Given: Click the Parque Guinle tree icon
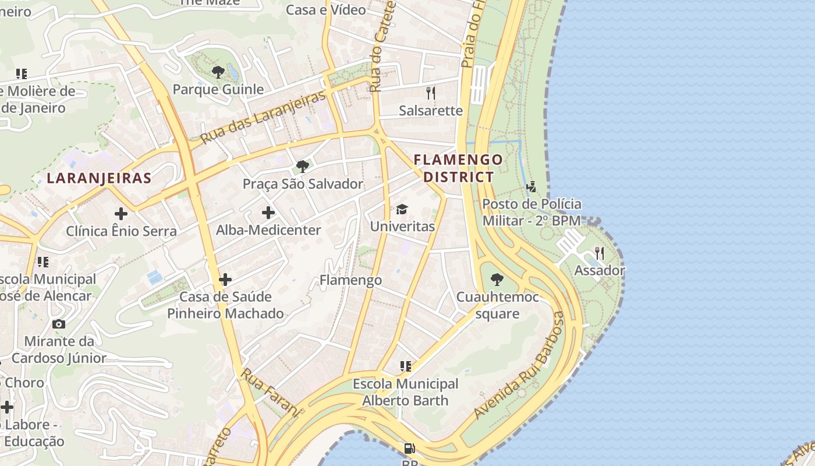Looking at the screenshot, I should click(218, 72).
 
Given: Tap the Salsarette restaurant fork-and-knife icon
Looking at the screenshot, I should click(431, 92).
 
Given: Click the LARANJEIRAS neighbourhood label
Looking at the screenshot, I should click(99, 178).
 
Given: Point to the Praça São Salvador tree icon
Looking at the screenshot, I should click(302, 167).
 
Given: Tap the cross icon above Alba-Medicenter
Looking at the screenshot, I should click(268, 213).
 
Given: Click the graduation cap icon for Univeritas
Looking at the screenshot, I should click(402, 209).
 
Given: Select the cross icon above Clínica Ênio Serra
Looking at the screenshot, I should click(121, 214).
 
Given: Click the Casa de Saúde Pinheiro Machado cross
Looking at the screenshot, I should click(225, 280).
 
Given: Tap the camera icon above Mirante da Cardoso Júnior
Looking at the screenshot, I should click(58, 324).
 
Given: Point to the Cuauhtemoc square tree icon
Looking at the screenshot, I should click(497, 280).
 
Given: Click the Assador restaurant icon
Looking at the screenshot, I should click(600, 253).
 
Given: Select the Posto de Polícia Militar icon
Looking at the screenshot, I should click(531, 187).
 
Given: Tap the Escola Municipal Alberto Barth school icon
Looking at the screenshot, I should click(406, 366).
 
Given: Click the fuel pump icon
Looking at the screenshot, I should click(410, 449).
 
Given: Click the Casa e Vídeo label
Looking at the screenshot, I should click(326, 9).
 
